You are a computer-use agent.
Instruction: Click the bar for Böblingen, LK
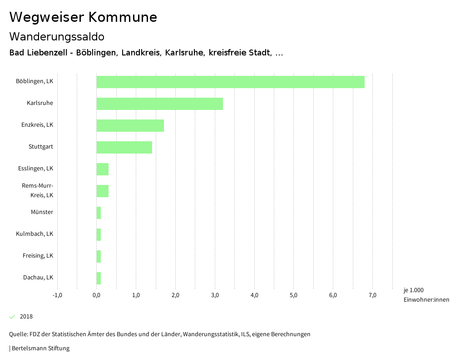230,82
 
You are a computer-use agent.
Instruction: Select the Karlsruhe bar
159,104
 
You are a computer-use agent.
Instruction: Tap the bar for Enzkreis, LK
130,125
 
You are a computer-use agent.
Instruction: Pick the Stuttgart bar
124,147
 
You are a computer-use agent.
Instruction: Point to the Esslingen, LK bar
103,169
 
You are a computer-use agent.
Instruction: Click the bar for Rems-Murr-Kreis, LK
103,191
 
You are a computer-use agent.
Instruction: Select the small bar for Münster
99,213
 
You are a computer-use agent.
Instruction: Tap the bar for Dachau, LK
99,278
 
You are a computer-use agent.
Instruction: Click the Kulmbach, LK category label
35,234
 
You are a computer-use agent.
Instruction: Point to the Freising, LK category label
38,256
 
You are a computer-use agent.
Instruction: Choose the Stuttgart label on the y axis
41,147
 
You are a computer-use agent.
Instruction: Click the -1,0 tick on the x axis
57,295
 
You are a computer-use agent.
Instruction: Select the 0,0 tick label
97,295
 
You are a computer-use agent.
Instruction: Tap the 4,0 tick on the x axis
254,295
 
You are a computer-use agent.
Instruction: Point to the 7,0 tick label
372,295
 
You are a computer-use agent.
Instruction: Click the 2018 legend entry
26,317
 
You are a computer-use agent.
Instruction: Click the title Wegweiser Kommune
83,17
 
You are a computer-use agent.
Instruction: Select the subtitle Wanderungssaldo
57,36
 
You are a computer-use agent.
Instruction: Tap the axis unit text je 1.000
413,290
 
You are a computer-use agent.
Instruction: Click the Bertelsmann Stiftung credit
40,348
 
